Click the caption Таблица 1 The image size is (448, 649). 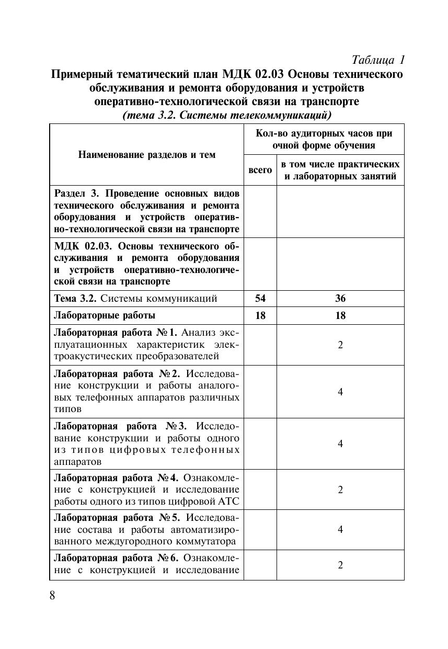(378, 59)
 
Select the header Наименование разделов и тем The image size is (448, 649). (146, 155)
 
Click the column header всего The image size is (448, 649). (260, 170)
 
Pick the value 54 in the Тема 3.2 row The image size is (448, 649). (260, 299)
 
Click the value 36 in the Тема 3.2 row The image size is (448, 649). (340, 299)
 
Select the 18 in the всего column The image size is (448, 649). (260, 315)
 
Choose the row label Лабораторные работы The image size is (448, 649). (105, 315)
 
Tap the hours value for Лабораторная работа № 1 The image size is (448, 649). (340, 345)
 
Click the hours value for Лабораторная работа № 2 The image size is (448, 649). (340, 391)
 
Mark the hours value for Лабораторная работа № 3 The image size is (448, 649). (340, 443)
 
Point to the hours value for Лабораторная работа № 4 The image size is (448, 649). (340, 489)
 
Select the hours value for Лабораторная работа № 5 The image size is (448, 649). (340, 529)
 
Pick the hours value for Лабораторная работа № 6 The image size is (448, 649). (340, 565)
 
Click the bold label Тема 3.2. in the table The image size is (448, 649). (76, 299)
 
